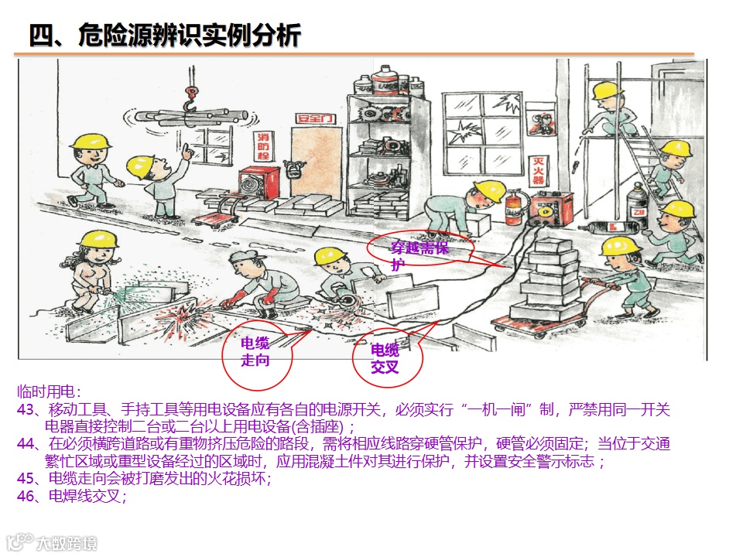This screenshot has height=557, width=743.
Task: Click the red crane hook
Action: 191,98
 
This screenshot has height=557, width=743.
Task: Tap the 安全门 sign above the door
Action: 315,118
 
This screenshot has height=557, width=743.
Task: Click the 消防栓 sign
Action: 263,146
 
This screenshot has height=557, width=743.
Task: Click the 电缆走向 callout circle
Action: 257,356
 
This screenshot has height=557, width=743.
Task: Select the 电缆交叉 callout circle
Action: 387,357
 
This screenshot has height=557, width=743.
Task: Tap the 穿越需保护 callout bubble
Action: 421,248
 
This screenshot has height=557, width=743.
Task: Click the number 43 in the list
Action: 25,409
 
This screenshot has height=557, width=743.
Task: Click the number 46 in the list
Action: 25,496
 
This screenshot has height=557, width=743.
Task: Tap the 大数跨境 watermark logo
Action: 51,543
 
